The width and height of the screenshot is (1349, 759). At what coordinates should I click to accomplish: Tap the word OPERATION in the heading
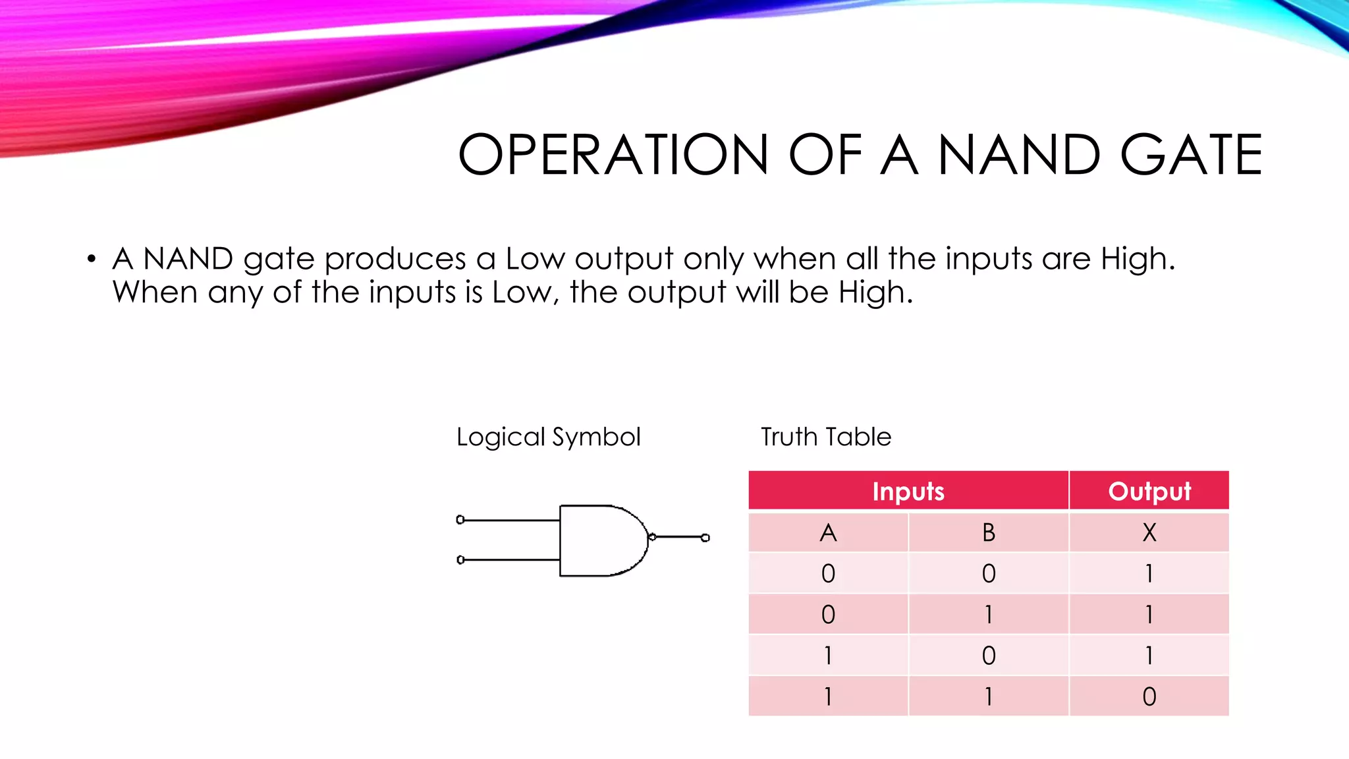coord(613,155)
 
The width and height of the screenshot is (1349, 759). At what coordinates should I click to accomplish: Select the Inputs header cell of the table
coord(908,491)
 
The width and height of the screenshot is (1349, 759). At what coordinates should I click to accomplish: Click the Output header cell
coord(1149,491)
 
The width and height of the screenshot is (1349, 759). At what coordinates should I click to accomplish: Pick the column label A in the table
coord(828,532)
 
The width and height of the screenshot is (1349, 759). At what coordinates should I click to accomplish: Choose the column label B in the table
coord(989,532)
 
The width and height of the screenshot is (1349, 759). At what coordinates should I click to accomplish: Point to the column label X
coord(1149,532)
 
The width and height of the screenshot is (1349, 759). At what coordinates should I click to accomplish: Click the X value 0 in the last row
coord(1149,696)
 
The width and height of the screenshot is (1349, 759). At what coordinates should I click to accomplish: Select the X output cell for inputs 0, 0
coord(1149,573)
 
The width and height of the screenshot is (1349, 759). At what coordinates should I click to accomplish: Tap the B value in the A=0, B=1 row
coord(989,615)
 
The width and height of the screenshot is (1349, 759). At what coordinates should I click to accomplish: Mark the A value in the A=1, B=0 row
coord(828,656)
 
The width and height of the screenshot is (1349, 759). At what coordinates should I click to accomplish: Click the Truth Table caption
coord(826,437)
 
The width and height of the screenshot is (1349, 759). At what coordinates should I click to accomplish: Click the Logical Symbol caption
coord(548,437)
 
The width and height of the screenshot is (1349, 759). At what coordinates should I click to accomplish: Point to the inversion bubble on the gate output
coord(652,537)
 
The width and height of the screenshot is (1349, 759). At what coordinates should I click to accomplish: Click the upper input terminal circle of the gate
coord(460,520)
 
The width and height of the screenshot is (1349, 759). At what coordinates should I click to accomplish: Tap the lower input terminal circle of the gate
coord(460,559)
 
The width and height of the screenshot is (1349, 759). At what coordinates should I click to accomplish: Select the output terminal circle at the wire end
coord(705,538)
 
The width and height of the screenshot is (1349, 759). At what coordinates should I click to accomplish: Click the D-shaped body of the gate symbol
coord(599,540)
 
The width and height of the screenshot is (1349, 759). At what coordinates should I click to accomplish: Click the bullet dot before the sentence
coord(92,259)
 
